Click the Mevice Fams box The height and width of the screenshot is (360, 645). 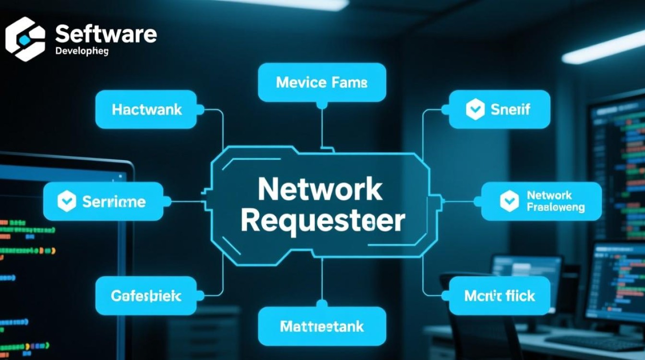[x=322, y=83]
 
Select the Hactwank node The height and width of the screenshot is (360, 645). [x=146, y=109]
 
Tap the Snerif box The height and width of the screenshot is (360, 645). [x=499, y=109]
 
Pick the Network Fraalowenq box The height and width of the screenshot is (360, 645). [x=541, y=201]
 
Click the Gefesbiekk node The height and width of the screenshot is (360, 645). [x=146, y=295]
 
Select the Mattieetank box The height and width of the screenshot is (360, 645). [x=322, y=327]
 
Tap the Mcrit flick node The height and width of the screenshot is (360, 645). [x=499, y=295]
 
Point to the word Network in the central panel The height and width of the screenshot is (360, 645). [x=320, y=190]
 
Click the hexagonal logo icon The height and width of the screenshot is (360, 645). [x=25, y=39]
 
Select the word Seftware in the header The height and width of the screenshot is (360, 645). [x=106, y=35]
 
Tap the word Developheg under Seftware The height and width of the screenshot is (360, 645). [x=82, y=50]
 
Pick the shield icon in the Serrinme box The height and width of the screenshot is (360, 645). [x=67, y=201]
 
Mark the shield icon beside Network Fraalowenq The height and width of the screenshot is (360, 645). [x=509, y=201]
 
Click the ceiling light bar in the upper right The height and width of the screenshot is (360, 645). [x=602, y=48]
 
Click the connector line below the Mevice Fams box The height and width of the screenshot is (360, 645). [x=322, y=125]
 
